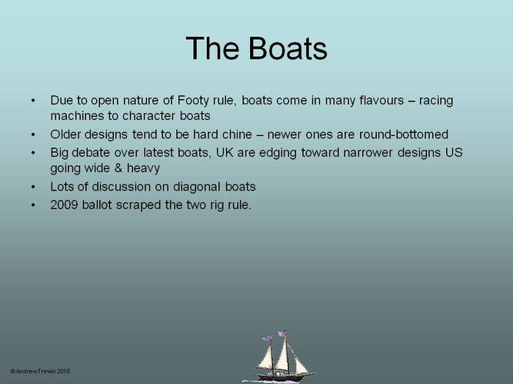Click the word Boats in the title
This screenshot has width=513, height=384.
(x=288, y=48)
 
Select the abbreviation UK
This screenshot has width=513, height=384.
(x=225, y=153)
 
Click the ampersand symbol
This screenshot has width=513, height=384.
(x=118, y=168)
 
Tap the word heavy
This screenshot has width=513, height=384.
(x=143, y=169)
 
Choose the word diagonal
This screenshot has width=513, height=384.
(x=196, y=187)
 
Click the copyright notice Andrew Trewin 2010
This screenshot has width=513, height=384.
(x=40, y=371)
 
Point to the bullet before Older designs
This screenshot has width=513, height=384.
(x=33, y=134)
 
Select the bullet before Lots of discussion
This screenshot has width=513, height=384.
(x=33, y=187)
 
